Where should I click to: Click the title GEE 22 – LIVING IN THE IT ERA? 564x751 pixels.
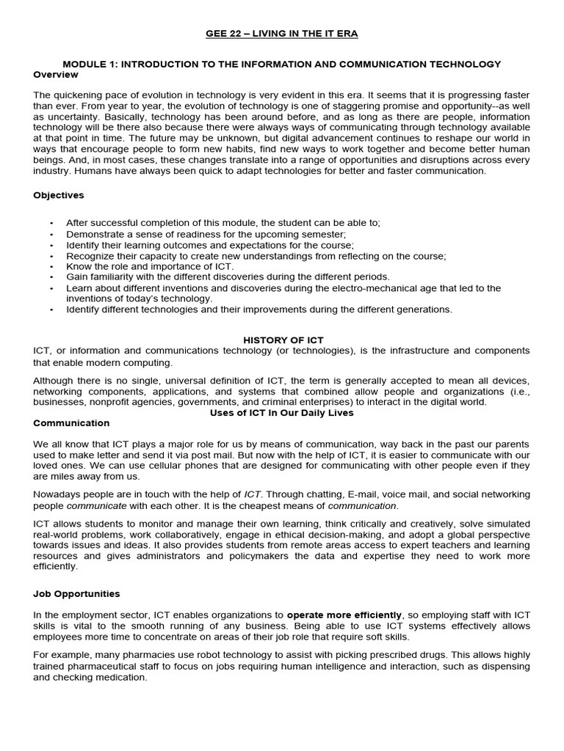pos(281,34)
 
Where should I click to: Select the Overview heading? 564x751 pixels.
pos(56,75)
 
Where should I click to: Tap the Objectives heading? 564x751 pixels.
pos(59,195)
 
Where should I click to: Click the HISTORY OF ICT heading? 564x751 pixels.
pos(283,340)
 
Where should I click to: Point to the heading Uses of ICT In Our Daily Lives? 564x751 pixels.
pos(282,413)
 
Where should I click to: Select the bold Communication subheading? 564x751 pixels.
pos(71,423)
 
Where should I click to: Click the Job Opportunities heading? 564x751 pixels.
pos(76,593)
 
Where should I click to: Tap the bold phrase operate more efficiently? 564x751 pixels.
pos(344,615)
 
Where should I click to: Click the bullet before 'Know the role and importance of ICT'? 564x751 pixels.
pos(51,267)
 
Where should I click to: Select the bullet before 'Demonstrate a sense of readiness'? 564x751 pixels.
pos(51,234)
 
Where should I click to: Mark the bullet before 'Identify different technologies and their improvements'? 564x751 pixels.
pos(51,309)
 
